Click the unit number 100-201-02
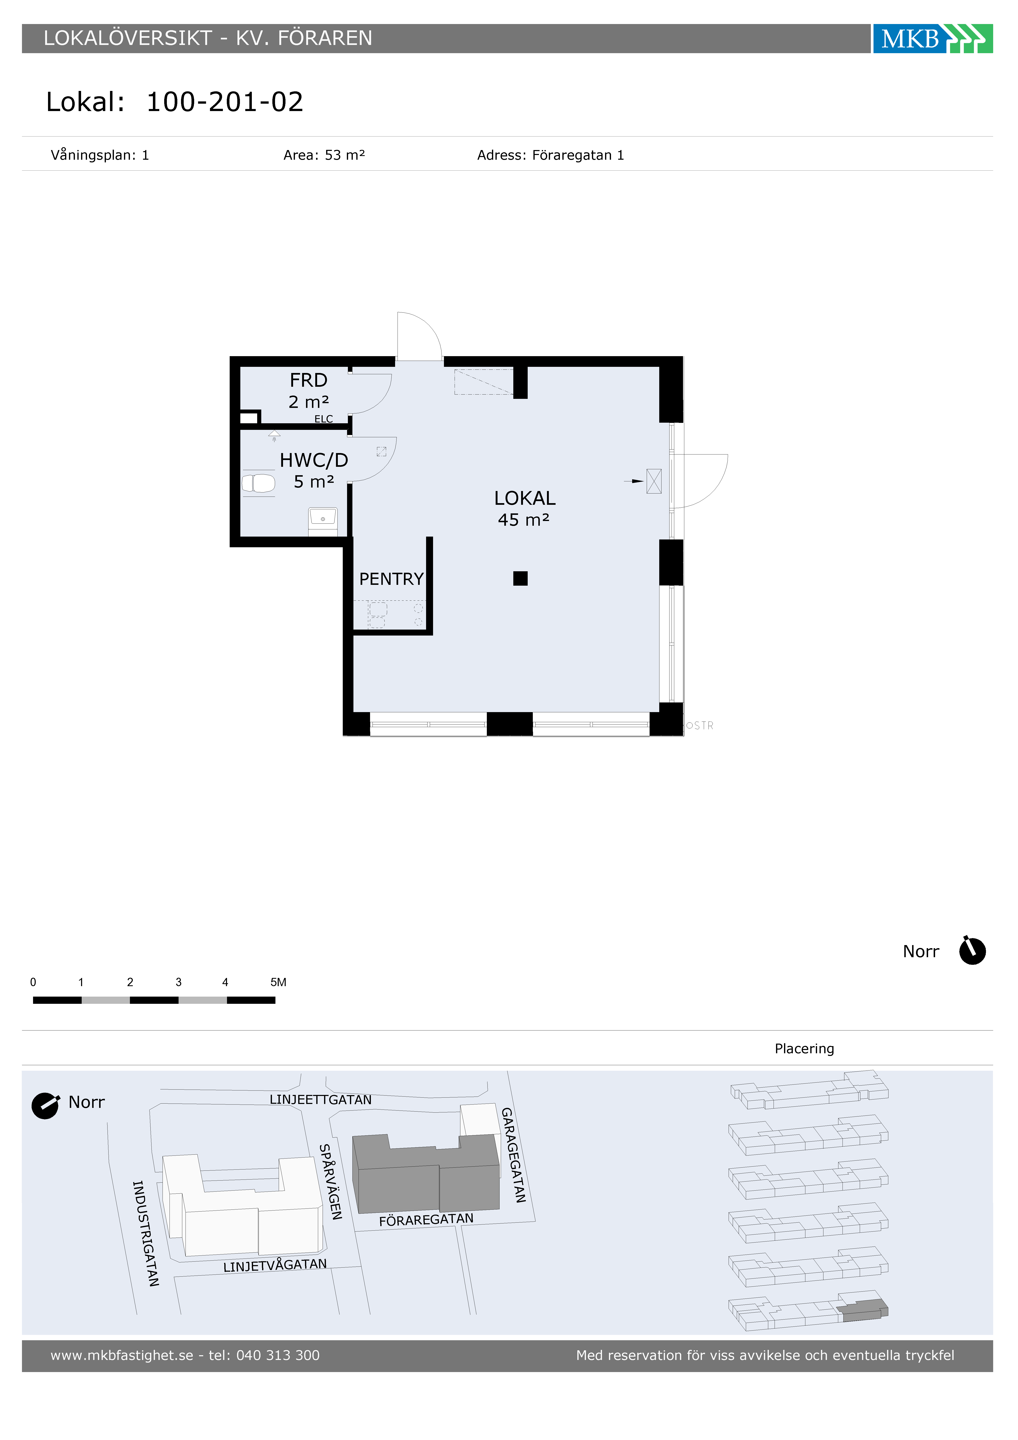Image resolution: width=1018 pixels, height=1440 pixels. pos(225,102)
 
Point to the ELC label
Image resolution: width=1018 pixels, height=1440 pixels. pos(324,419)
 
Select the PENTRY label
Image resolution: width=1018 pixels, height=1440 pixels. pos(391,579)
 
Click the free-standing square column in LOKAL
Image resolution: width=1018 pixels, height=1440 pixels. pos(520,578)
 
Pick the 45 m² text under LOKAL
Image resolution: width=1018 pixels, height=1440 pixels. pos(524,520)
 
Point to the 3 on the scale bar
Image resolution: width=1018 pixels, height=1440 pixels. pos(179,982)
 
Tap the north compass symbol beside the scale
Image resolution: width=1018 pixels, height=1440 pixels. pos(972,951)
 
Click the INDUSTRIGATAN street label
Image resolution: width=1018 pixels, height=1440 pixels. pos(146,1233)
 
